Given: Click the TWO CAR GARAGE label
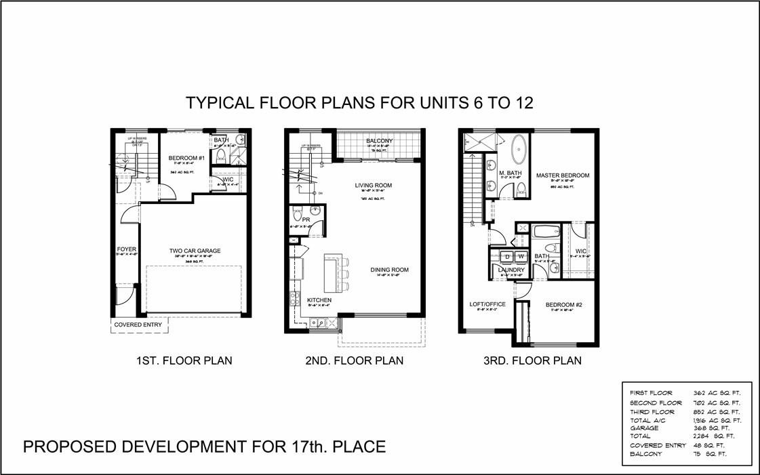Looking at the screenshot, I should click(195, 251).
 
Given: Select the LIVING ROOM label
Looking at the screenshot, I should click(373, 185).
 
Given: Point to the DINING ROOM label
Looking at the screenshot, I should click(389, 270).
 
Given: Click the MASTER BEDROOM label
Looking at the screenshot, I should click(562, 175).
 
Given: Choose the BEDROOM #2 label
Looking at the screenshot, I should click(563, 305).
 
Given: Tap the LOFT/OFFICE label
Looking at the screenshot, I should click(487, 304).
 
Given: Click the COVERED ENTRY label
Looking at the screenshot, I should click(138, 325).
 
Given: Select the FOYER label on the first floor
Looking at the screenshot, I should click(126, 249).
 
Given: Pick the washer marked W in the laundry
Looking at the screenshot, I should click(520, 257).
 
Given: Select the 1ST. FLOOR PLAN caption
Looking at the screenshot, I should click(184, 360).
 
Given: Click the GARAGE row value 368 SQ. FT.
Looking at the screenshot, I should click(715, 428).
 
